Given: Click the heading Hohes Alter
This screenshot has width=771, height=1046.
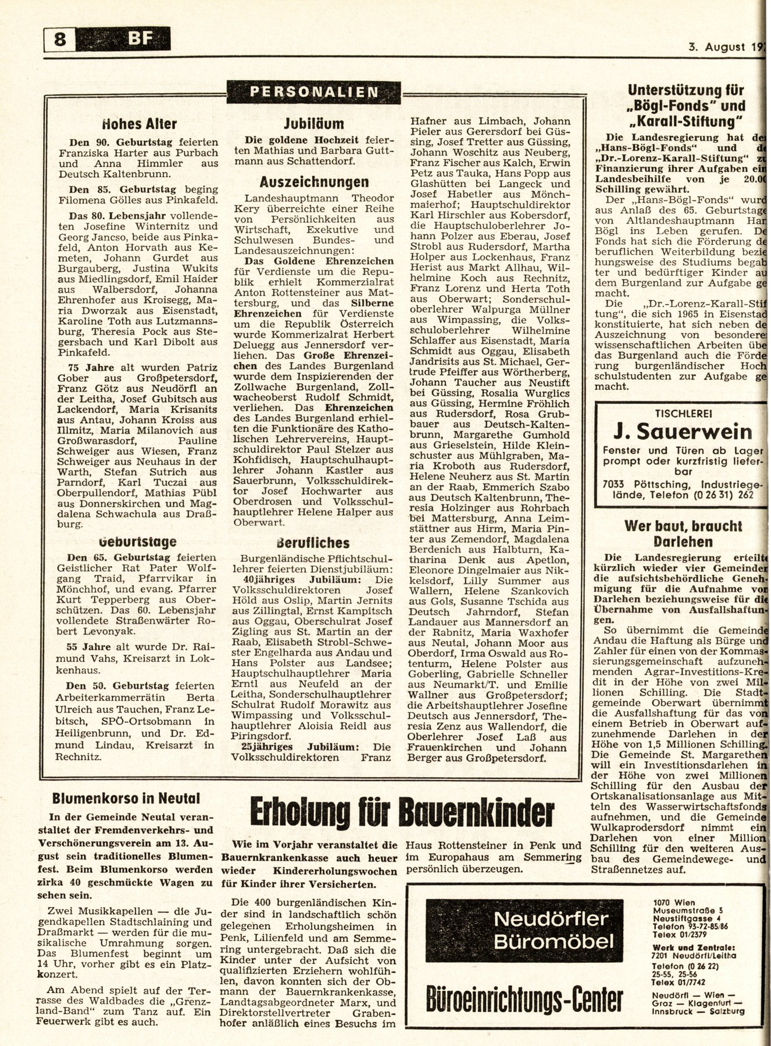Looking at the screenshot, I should pyautogui.click(x=140, y=124).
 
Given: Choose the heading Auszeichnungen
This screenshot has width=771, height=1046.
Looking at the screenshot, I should pyautogui.click(x=314, y=181).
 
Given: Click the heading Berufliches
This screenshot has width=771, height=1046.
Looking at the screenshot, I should pyautogui.click(x=314, y=543).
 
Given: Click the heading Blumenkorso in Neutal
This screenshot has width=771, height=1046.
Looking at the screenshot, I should pyautogui.click(x=126, y=798).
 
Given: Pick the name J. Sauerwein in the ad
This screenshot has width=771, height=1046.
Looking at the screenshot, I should pyautogui.click(x=681, y=432).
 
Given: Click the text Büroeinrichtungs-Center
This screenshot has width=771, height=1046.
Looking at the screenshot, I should pyautogui.click(x=525, y=998).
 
